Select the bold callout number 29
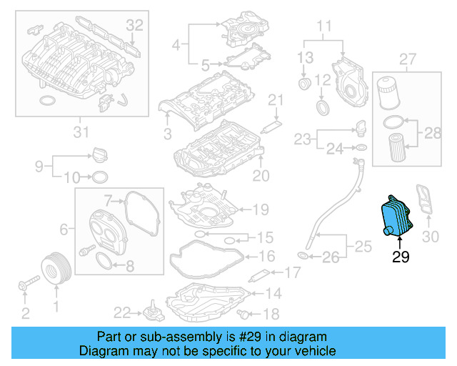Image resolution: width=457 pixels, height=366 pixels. (401, 256)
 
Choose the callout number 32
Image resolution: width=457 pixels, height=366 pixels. (135, 25)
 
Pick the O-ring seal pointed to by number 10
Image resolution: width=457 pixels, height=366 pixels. (101, 177)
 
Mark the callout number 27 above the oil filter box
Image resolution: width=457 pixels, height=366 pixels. (407, 58)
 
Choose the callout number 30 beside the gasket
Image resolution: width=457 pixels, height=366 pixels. (430, 237)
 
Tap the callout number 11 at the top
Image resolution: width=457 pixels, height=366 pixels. (325, 27)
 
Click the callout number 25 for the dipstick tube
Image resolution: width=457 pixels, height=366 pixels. (364, 247)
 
